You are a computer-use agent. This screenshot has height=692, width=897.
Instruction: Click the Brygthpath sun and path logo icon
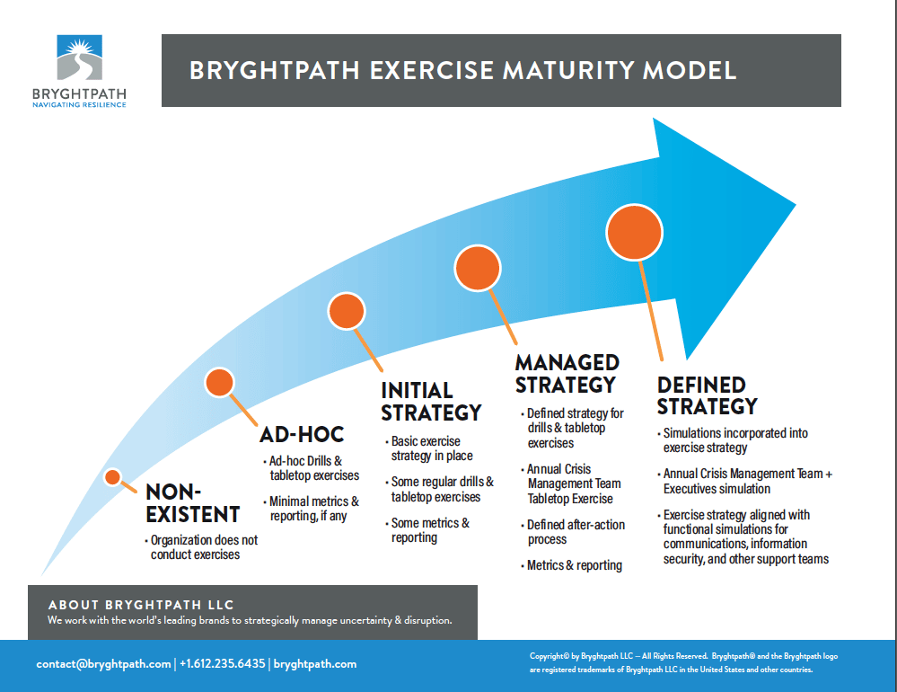(x=80, y=58)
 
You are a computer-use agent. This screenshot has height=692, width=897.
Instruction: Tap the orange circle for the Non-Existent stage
(x=113, y=477)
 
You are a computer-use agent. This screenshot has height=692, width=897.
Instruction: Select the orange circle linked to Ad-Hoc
(x=220, y=382)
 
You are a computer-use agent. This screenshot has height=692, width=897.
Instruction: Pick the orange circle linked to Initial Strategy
(x=347, y=311)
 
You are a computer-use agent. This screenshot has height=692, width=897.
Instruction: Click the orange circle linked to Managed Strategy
(x=478, y=269)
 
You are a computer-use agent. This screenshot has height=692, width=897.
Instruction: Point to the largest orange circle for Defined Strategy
(x=635, y=233)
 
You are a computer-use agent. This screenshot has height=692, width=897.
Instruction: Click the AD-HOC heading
(x=302, y=434)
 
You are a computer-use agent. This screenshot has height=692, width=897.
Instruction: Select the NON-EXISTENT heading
(x=193, y=503)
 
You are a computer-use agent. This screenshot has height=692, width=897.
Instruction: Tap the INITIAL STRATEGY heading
(x=431, y=402)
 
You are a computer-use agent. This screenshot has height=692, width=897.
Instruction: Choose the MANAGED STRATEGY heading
(x=567, y=374)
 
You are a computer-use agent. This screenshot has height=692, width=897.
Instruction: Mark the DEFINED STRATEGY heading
(x=707, y=395)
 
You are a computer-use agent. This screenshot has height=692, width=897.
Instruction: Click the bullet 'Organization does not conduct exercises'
(x=201, y=547)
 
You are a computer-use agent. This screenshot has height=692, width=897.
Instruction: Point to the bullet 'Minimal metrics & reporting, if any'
(x=312, y=509)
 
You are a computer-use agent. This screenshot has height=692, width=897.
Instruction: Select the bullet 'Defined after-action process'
(x=573, y=532)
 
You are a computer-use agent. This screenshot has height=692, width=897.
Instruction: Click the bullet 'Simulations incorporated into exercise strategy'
(x=733, y=440)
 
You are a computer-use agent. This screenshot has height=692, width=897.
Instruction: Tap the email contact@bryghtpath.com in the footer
(x=103, y=664)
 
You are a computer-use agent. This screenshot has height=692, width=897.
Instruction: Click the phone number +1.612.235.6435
(x=223, y=663)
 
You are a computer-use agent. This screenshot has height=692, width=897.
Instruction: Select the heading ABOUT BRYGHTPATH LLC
(x=141, y=605)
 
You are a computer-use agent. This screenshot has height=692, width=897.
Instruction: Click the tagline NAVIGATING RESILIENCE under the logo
(x=80, y=105)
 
